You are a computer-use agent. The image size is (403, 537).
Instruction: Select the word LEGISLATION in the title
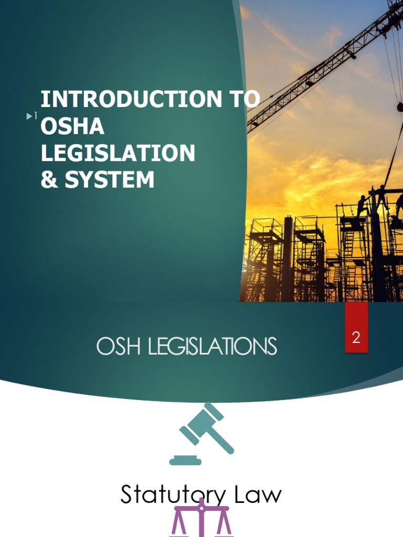118,154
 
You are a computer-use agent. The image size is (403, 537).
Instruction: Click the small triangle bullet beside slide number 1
29,116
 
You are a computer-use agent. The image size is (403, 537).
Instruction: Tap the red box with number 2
356,338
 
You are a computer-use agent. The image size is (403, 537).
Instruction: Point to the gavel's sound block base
185,461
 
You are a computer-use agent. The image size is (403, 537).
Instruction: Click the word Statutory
168,495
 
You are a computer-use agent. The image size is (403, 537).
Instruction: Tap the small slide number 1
36,116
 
